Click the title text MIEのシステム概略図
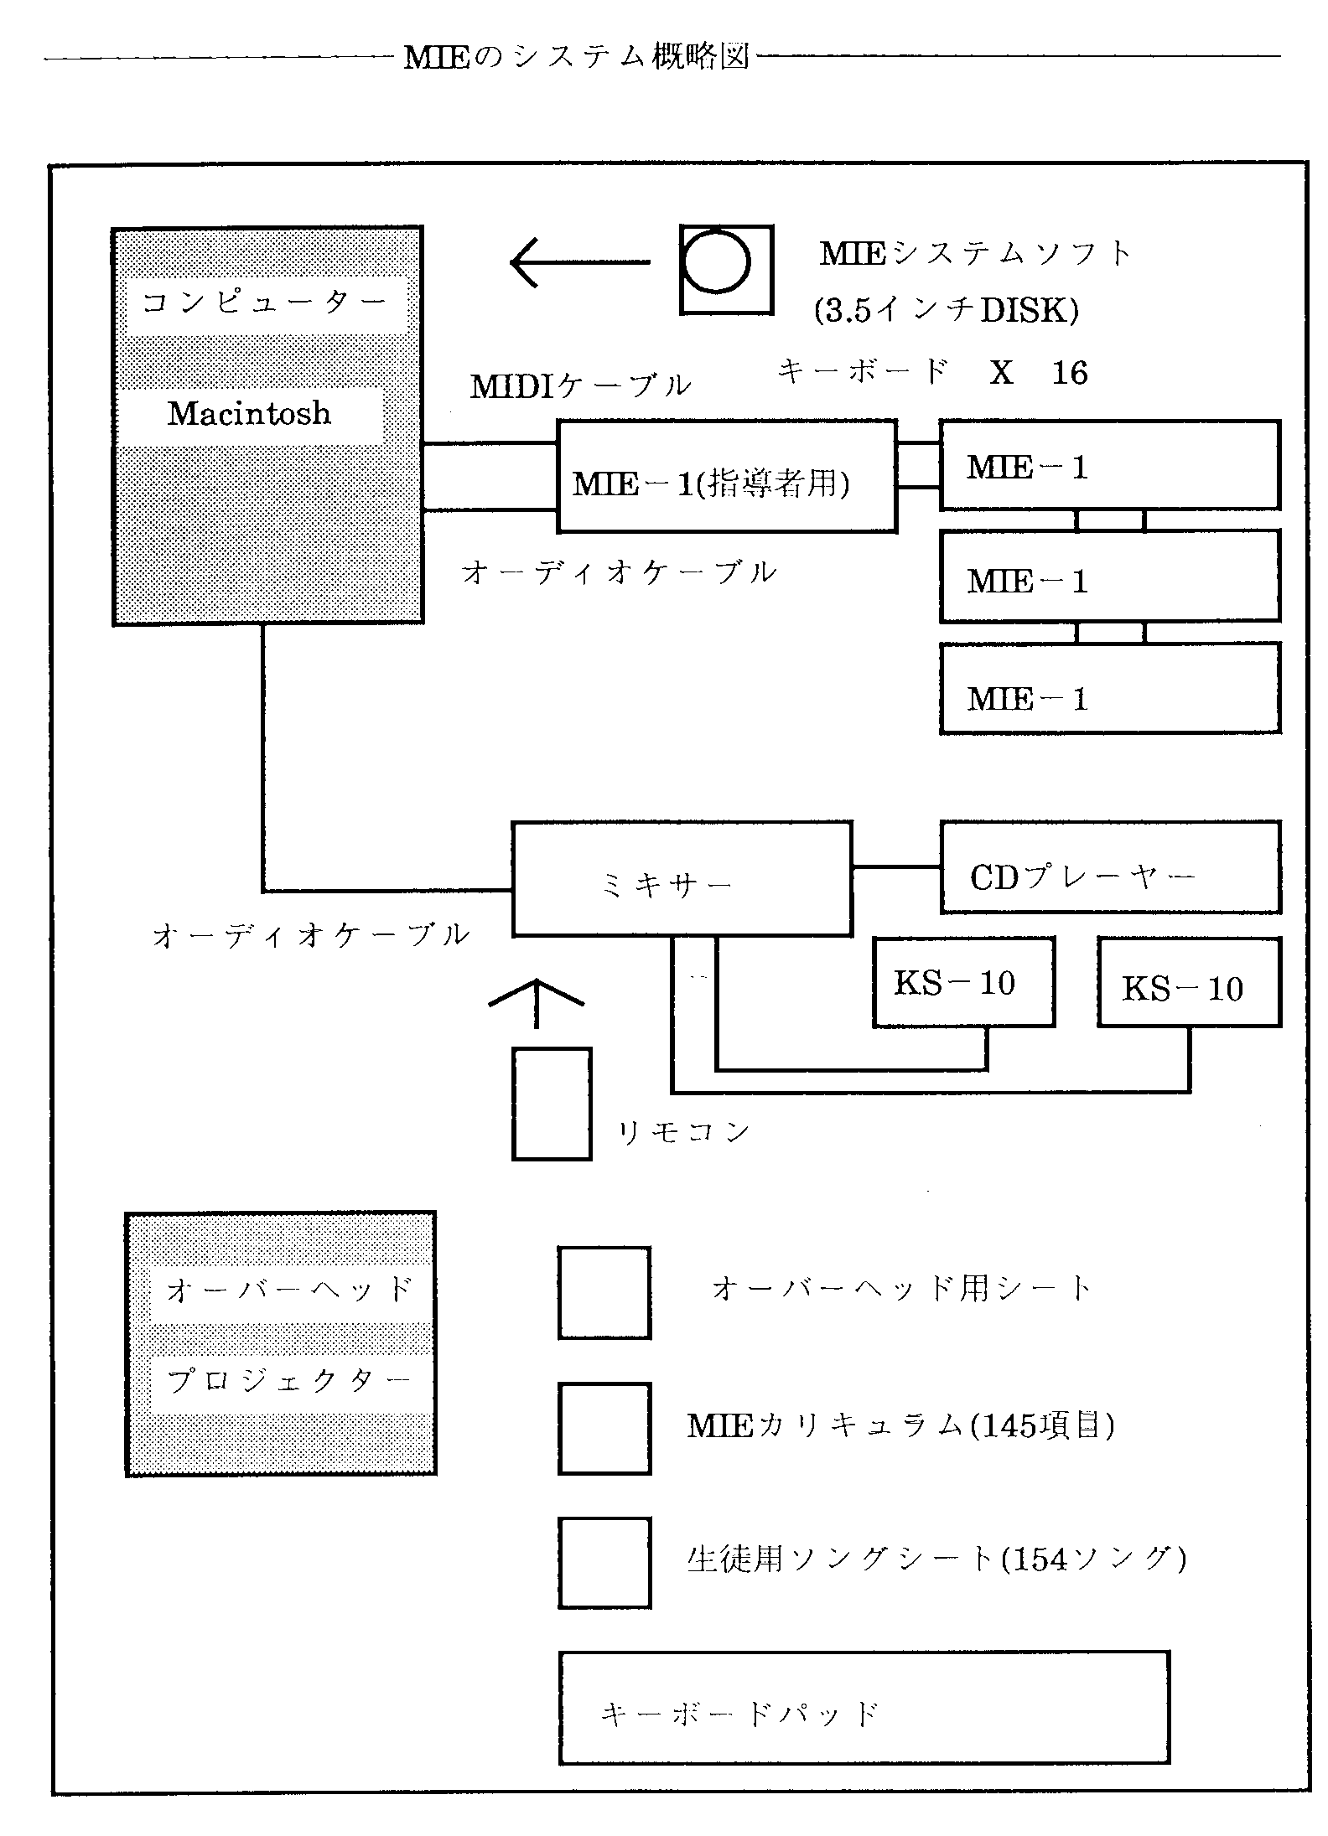pyautogui.click(x=576, y=57)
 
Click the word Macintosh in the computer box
pyautogui.click(x=249, y=413)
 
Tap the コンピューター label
pyautogui.click(x=264, y=303)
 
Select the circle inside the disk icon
pyautogui.click(x=715, y=262)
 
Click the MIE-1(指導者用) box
pyautogui.click(x=726, y=476)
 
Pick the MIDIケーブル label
pyautogui.click(x=580, y=386)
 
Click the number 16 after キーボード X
pyautogui.click(x=1070, y=373)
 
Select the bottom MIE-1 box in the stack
pyautogui.click(x=1110, y=688)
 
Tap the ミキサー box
pyautogui.click(x=682, y=878)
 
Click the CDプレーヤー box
pyautogui.click(x=1110, y=867)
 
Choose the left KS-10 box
pyautogui.click(x=963, y=982)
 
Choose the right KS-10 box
pyautogui.click(x=1189, y=982)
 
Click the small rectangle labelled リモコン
pyautogui.click(x=552, y=1104)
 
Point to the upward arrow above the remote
pyautogui.click(x=536, y=1001)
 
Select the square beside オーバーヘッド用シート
pyautogui.click(x=604, y=1292)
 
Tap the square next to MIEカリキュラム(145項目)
pyautogui.click(x=604, y=1428)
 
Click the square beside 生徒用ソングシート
pyautogui.click(x=604, y=1562)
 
